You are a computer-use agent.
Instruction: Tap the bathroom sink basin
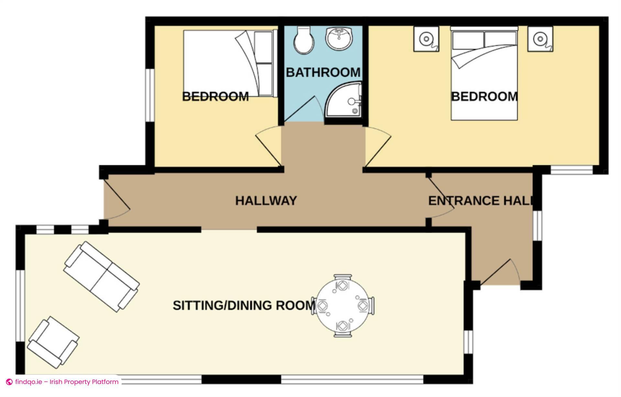coord(339,38)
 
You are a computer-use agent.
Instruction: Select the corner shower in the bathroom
coord(343,99)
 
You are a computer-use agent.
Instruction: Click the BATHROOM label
coord(323,72)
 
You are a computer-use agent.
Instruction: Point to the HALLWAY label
coord(266,201)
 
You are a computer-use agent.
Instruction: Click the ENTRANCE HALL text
coord(480,201)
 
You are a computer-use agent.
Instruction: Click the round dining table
coord(343,306)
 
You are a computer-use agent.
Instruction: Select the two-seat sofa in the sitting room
coord(102,276)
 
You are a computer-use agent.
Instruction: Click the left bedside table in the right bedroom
coord(426,39)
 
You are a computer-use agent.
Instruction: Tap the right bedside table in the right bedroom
coord(540,39)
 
